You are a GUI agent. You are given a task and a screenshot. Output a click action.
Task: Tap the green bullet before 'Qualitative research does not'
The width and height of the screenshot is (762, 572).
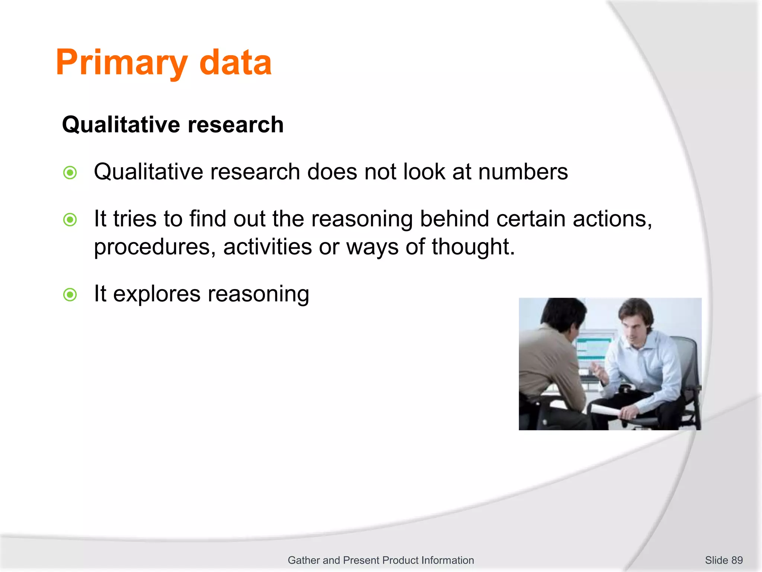[70, 172]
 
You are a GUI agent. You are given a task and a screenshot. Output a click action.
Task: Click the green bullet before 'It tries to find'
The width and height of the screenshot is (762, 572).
[70, 219]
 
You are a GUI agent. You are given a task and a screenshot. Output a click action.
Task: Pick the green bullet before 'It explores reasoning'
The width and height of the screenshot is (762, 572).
[70, 295]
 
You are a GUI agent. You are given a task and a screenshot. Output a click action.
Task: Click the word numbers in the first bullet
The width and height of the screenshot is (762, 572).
[523, 172]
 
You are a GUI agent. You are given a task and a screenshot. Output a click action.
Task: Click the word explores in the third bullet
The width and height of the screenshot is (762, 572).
[157, 294]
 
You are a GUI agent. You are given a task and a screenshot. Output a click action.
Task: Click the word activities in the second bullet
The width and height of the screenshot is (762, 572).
[267, 247]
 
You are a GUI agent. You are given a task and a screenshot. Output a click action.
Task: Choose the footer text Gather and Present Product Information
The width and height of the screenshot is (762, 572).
[381, 560]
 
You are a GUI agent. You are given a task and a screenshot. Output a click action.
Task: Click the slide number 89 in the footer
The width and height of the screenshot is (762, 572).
[737, 560]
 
